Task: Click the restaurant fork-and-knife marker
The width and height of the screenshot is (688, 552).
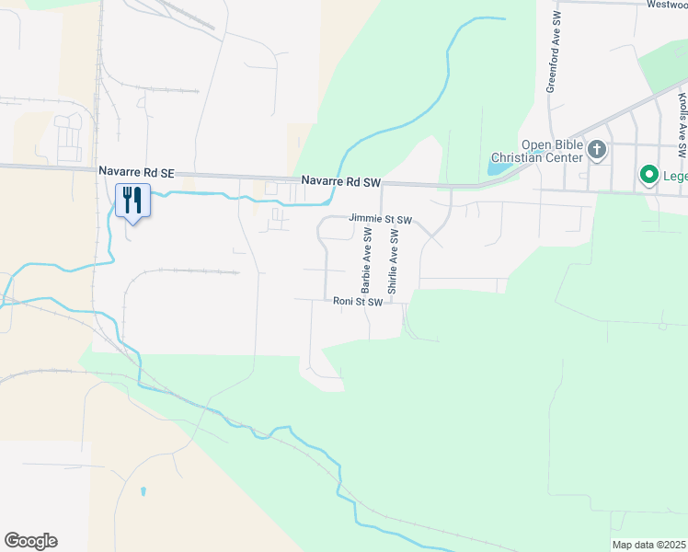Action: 132,200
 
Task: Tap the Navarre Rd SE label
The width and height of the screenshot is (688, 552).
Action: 136,172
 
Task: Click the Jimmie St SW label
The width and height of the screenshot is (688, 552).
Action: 380,220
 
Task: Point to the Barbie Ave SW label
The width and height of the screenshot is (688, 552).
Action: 367,262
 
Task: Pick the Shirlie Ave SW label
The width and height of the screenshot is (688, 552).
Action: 393,262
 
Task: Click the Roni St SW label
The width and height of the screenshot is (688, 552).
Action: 357,301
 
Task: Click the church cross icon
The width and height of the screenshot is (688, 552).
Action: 597,149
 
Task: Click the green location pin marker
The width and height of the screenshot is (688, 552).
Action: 648,174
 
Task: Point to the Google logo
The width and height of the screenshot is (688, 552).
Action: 30,541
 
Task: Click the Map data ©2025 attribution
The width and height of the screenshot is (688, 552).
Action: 649,545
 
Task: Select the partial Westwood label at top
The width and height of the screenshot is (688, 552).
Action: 666,5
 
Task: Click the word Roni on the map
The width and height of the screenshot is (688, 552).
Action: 344,301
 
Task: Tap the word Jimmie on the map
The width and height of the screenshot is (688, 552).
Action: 364,220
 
